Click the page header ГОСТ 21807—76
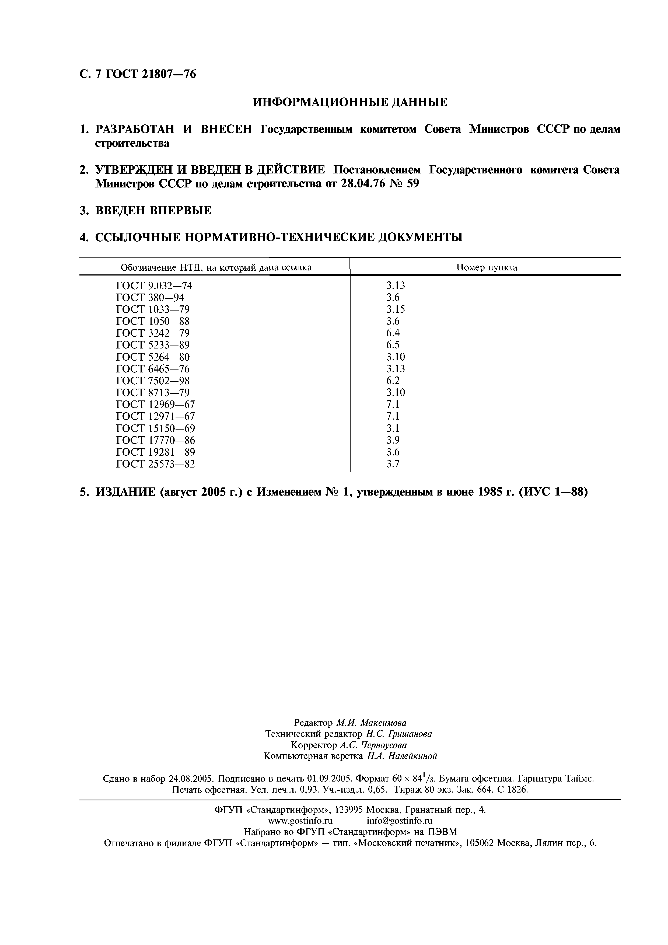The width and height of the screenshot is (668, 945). coord(151,74)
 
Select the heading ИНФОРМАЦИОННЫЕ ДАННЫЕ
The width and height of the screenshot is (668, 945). coord(349,102)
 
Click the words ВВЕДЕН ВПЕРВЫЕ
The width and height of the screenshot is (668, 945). coord(153,211)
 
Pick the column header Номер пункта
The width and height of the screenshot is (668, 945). coord(487,267)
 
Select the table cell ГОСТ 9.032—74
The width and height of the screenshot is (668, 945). coord(154,286)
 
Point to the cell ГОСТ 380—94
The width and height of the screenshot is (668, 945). coord(150,298)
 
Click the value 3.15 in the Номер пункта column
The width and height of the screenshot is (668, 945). coord(395,309)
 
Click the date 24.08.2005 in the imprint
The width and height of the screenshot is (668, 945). coord(191,779)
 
